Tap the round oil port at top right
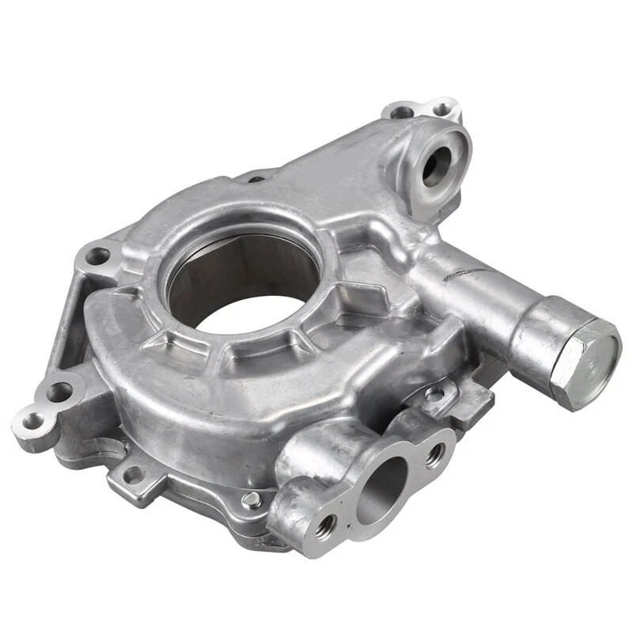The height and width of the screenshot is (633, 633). pos(437,165)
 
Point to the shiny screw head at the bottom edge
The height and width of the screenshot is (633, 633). pos(252,498)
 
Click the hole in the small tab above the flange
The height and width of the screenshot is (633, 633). pos(434,393)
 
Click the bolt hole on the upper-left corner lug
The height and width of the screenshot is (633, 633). pos(97,256)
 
